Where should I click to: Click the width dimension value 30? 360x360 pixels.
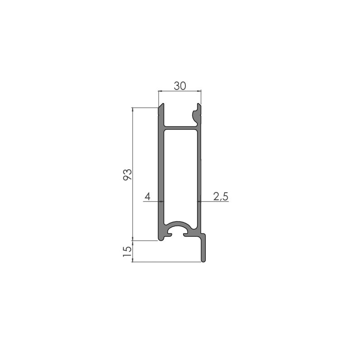point(180,86)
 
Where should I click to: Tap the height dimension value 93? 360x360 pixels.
point(127,175)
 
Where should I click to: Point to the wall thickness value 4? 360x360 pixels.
point(147,197)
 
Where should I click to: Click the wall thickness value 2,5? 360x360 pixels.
point(220,197)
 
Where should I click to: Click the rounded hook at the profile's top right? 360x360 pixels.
point(197,114)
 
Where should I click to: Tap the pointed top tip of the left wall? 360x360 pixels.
point(162,106)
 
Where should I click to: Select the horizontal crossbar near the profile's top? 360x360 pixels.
point(180,128)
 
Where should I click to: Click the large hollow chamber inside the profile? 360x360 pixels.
point(181,175)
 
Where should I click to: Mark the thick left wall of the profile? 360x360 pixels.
point(161,175)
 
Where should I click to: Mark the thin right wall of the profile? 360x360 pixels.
point(199,175)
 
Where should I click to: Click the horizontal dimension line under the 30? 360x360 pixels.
point(180,91)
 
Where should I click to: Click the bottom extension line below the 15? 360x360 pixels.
point(166,261)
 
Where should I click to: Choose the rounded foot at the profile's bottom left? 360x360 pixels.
point(161,238)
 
